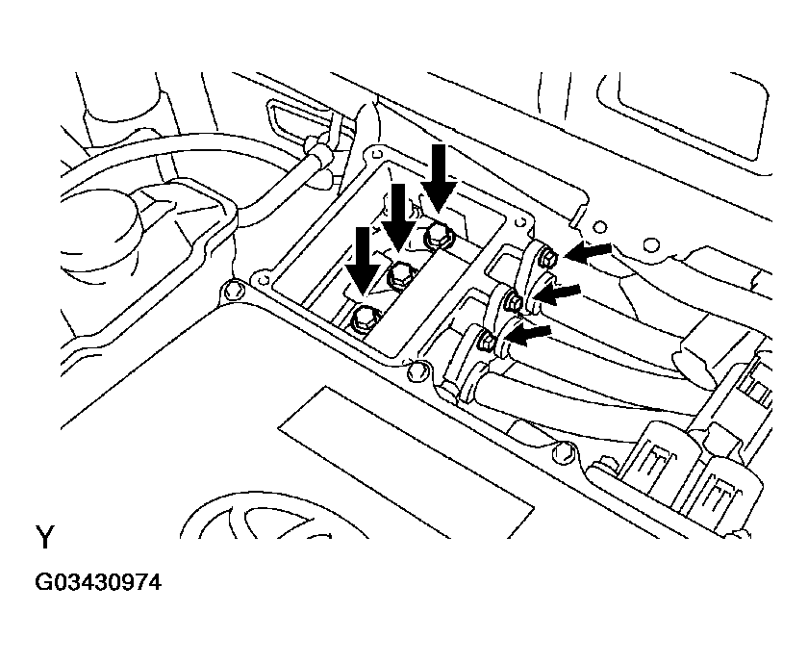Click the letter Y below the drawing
click(x=45, y=537)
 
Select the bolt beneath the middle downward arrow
click(x=399, y=276)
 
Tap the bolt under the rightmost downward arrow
click(x=438, y=233)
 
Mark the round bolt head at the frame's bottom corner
click(x=415, y=369)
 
